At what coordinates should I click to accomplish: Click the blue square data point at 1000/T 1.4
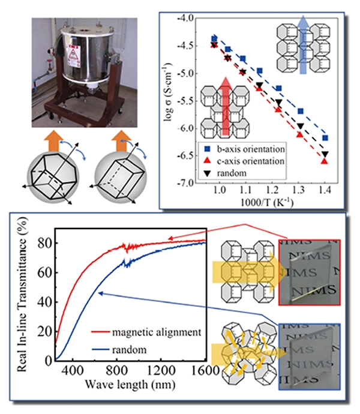click(x=325, y=138)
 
